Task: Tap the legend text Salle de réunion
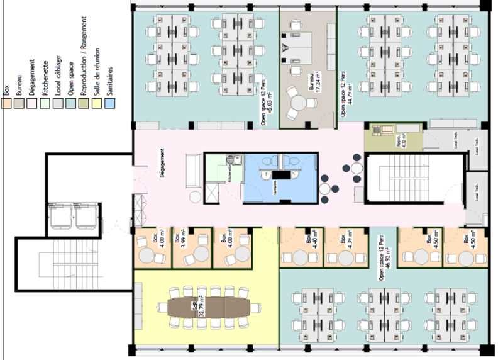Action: [x=97, y=72]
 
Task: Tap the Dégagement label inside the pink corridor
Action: [x=162, y=166]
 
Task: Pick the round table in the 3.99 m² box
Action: [x=200, y=254]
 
